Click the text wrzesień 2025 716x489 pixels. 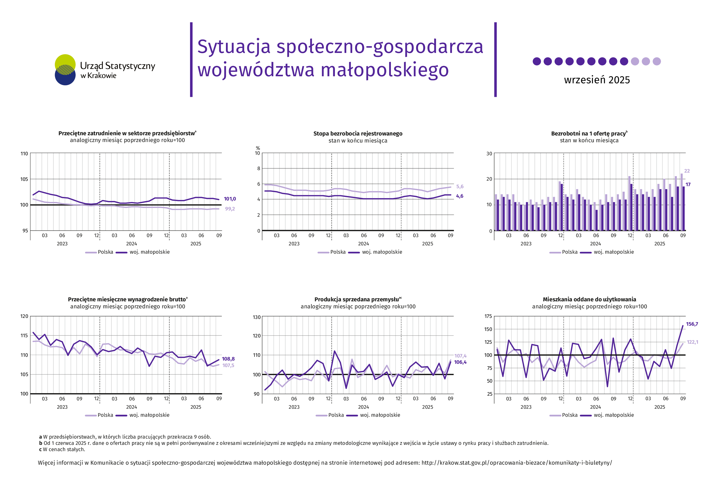point(596,80)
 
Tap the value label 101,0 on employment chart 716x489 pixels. point(229,199)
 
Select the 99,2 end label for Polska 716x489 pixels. point(229,209)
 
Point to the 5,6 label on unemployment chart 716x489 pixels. point(459,187)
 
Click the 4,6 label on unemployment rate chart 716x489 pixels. point(459,196)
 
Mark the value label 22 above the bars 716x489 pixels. point(686,171)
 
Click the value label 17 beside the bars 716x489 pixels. point(688,184)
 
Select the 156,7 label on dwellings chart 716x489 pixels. point(692,324)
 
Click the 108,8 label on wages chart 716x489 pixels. point(228,359)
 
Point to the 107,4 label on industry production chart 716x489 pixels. point(460,356)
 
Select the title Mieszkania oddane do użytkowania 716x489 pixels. point(589,299)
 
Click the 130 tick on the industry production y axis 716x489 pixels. point(256,317)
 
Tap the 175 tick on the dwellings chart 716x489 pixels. point(488,316)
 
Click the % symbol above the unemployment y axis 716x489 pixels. point(258,148)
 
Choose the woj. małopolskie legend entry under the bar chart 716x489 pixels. point(613,252)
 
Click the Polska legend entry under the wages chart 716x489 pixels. point(105,415)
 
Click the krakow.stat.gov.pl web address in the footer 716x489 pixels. point(516,462)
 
